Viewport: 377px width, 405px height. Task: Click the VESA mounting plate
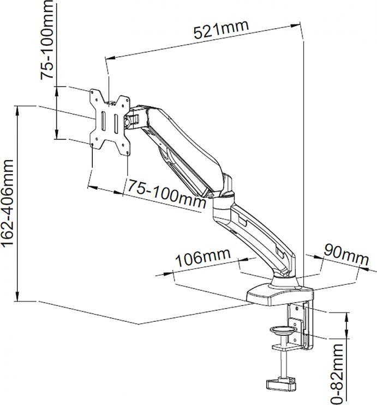pos(111,120)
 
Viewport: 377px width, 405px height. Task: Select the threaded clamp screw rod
pos(283,362)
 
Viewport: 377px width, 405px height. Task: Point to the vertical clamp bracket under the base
pos(303,327)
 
